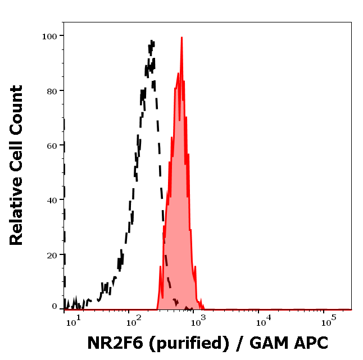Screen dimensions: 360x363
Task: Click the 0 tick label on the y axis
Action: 55,307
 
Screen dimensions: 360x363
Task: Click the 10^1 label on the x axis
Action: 73,322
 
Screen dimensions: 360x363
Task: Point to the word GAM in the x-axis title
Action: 267,343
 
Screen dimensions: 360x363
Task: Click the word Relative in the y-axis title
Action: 17,215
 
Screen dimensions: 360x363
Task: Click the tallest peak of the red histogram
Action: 182,38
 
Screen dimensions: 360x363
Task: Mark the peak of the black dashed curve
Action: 152,40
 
